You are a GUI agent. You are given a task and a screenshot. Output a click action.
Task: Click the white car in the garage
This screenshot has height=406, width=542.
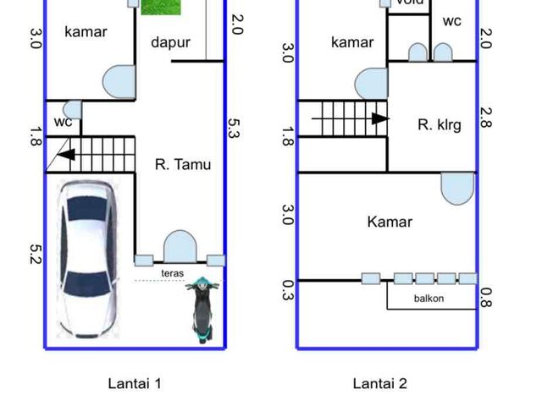pos(88,259)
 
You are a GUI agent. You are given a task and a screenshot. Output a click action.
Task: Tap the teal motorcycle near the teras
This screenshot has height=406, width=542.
pos(202,309)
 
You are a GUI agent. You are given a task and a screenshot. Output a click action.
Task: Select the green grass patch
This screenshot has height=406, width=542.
pos(161,7)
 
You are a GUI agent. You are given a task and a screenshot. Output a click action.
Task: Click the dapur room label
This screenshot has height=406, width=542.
pos(171,43)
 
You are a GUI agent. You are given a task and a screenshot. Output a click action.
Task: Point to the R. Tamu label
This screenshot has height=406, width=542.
pos(183,164)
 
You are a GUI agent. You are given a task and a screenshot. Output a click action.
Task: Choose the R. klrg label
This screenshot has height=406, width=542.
pos(440,125)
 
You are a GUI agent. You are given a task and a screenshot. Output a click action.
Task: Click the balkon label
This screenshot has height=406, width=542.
pos(429,299)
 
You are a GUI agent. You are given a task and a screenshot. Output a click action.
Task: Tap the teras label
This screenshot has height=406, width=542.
pos(173,273)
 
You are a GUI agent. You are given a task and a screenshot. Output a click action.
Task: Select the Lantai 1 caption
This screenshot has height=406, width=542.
pos(135,383)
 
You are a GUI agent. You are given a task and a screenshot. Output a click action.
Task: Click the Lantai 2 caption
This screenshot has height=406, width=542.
pos(380,383)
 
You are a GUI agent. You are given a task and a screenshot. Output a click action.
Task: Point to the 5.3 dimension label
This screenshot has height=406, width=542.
pos(234,128)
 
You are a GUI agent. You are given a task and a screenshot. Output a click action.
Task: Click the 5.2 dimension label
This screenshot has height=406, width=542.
pos(36,254)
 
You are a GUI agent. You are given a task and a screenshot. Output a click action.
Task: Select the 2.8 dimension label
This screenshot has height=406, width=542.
pos(486,118)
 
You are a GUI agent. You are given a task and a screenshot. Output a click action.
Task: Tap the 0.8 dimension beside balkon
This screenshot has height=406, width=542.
pos(486,298)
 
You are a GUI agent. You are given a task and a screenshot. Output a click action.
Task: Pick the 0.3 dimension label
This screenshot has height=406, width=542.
pos(288,290)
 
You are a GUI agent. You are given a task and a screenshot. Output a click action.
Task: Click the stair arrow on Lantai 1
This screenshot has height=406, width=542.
pos(66,154)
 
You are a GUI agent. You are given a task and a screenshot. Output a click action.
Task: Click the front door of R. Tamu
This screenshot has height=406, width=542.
pos(180,246)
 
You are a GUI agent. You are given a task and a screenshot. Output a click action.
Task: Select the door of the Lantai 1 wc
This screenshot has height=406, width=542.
pos(73,110)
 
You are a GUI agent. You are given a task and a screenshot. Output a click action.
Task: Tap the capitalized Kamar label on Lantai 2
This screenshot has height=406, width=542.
pos(390,222)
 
